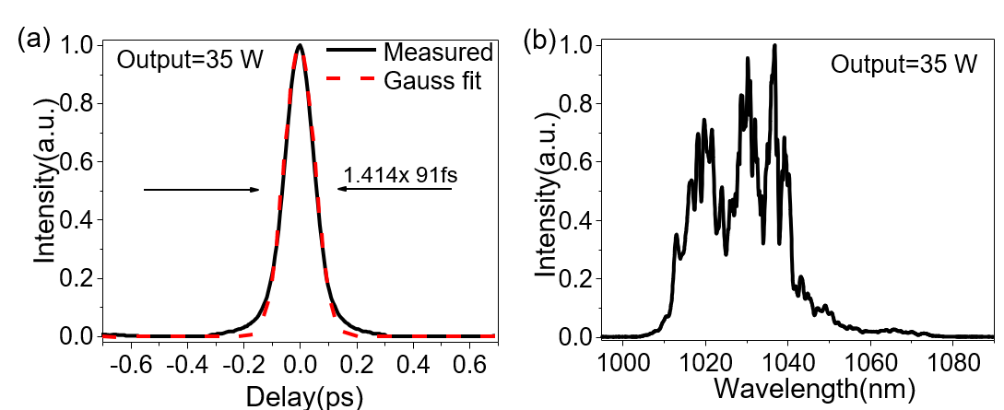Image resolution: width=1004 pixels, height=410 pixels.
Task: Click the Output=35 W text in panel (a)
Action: click(191, 62)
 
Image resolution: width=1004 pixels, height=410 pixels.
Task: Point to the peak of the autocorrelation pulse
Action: click(300, 45)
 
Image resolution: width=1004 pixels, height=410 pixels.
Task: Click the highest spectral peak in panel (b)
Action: click(774, 45)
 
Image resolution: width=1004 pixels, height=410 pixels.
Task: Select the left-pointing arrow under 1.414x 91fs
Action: click(395, 189)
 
